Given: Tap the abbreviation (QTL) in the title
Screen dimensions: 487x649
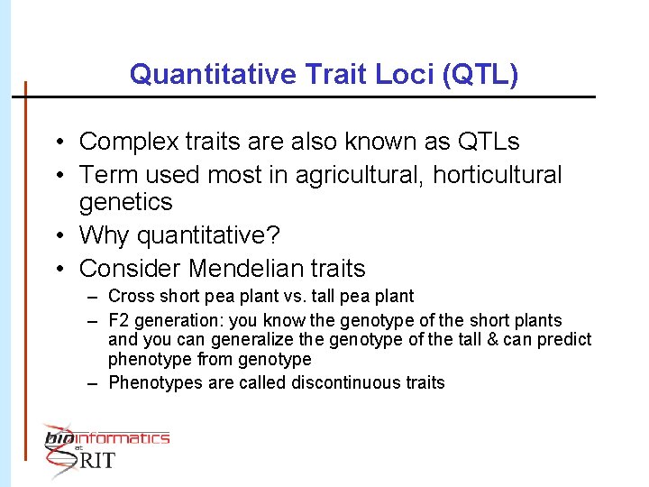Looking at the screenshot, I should point(481,74).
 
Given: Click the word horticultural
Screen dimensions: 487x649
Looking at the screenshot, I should point(497,175).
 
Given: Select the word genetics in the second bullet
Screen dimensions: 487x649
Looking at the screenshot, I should point(125,201).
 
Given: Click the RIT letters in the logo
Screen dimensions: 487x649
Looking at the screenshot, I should point(98,461).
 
